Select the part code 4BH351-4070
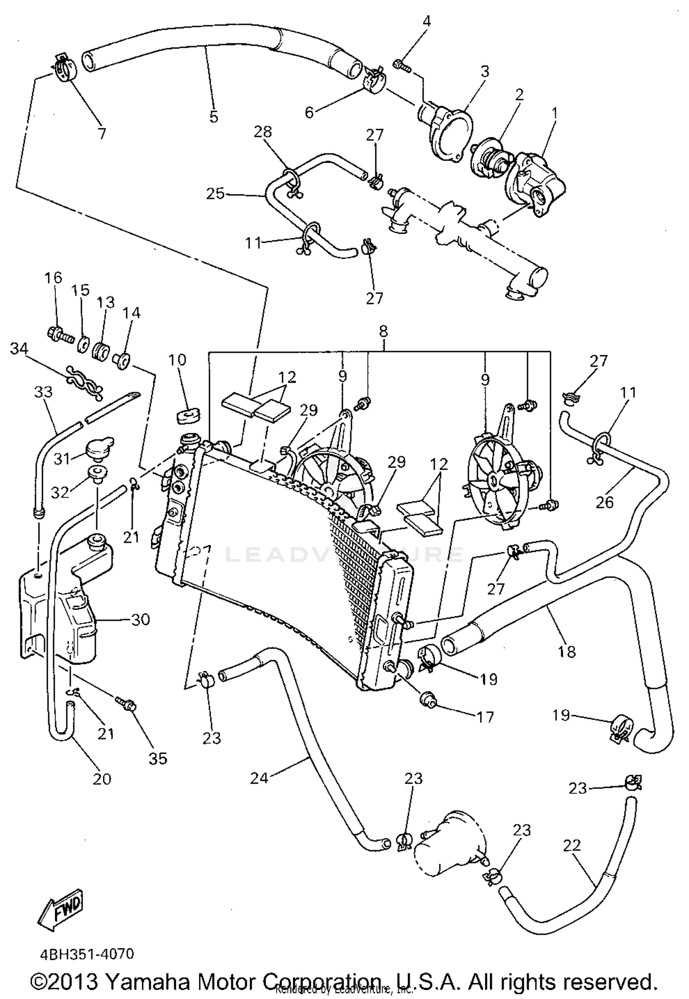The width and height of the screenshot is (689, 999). tap(87, 955)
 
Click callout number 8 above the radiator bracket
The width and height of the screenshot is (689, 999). tap(384, 331)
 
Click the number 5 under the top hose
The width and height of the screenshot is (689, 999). tap(214, 117)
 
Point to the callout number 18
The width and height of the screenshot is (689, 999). tap(567, 651)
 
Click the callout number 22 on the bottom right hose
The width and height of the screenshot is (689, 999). tap(572, 846)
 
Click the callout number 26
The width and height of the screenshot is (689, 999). tap(604, 502)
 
